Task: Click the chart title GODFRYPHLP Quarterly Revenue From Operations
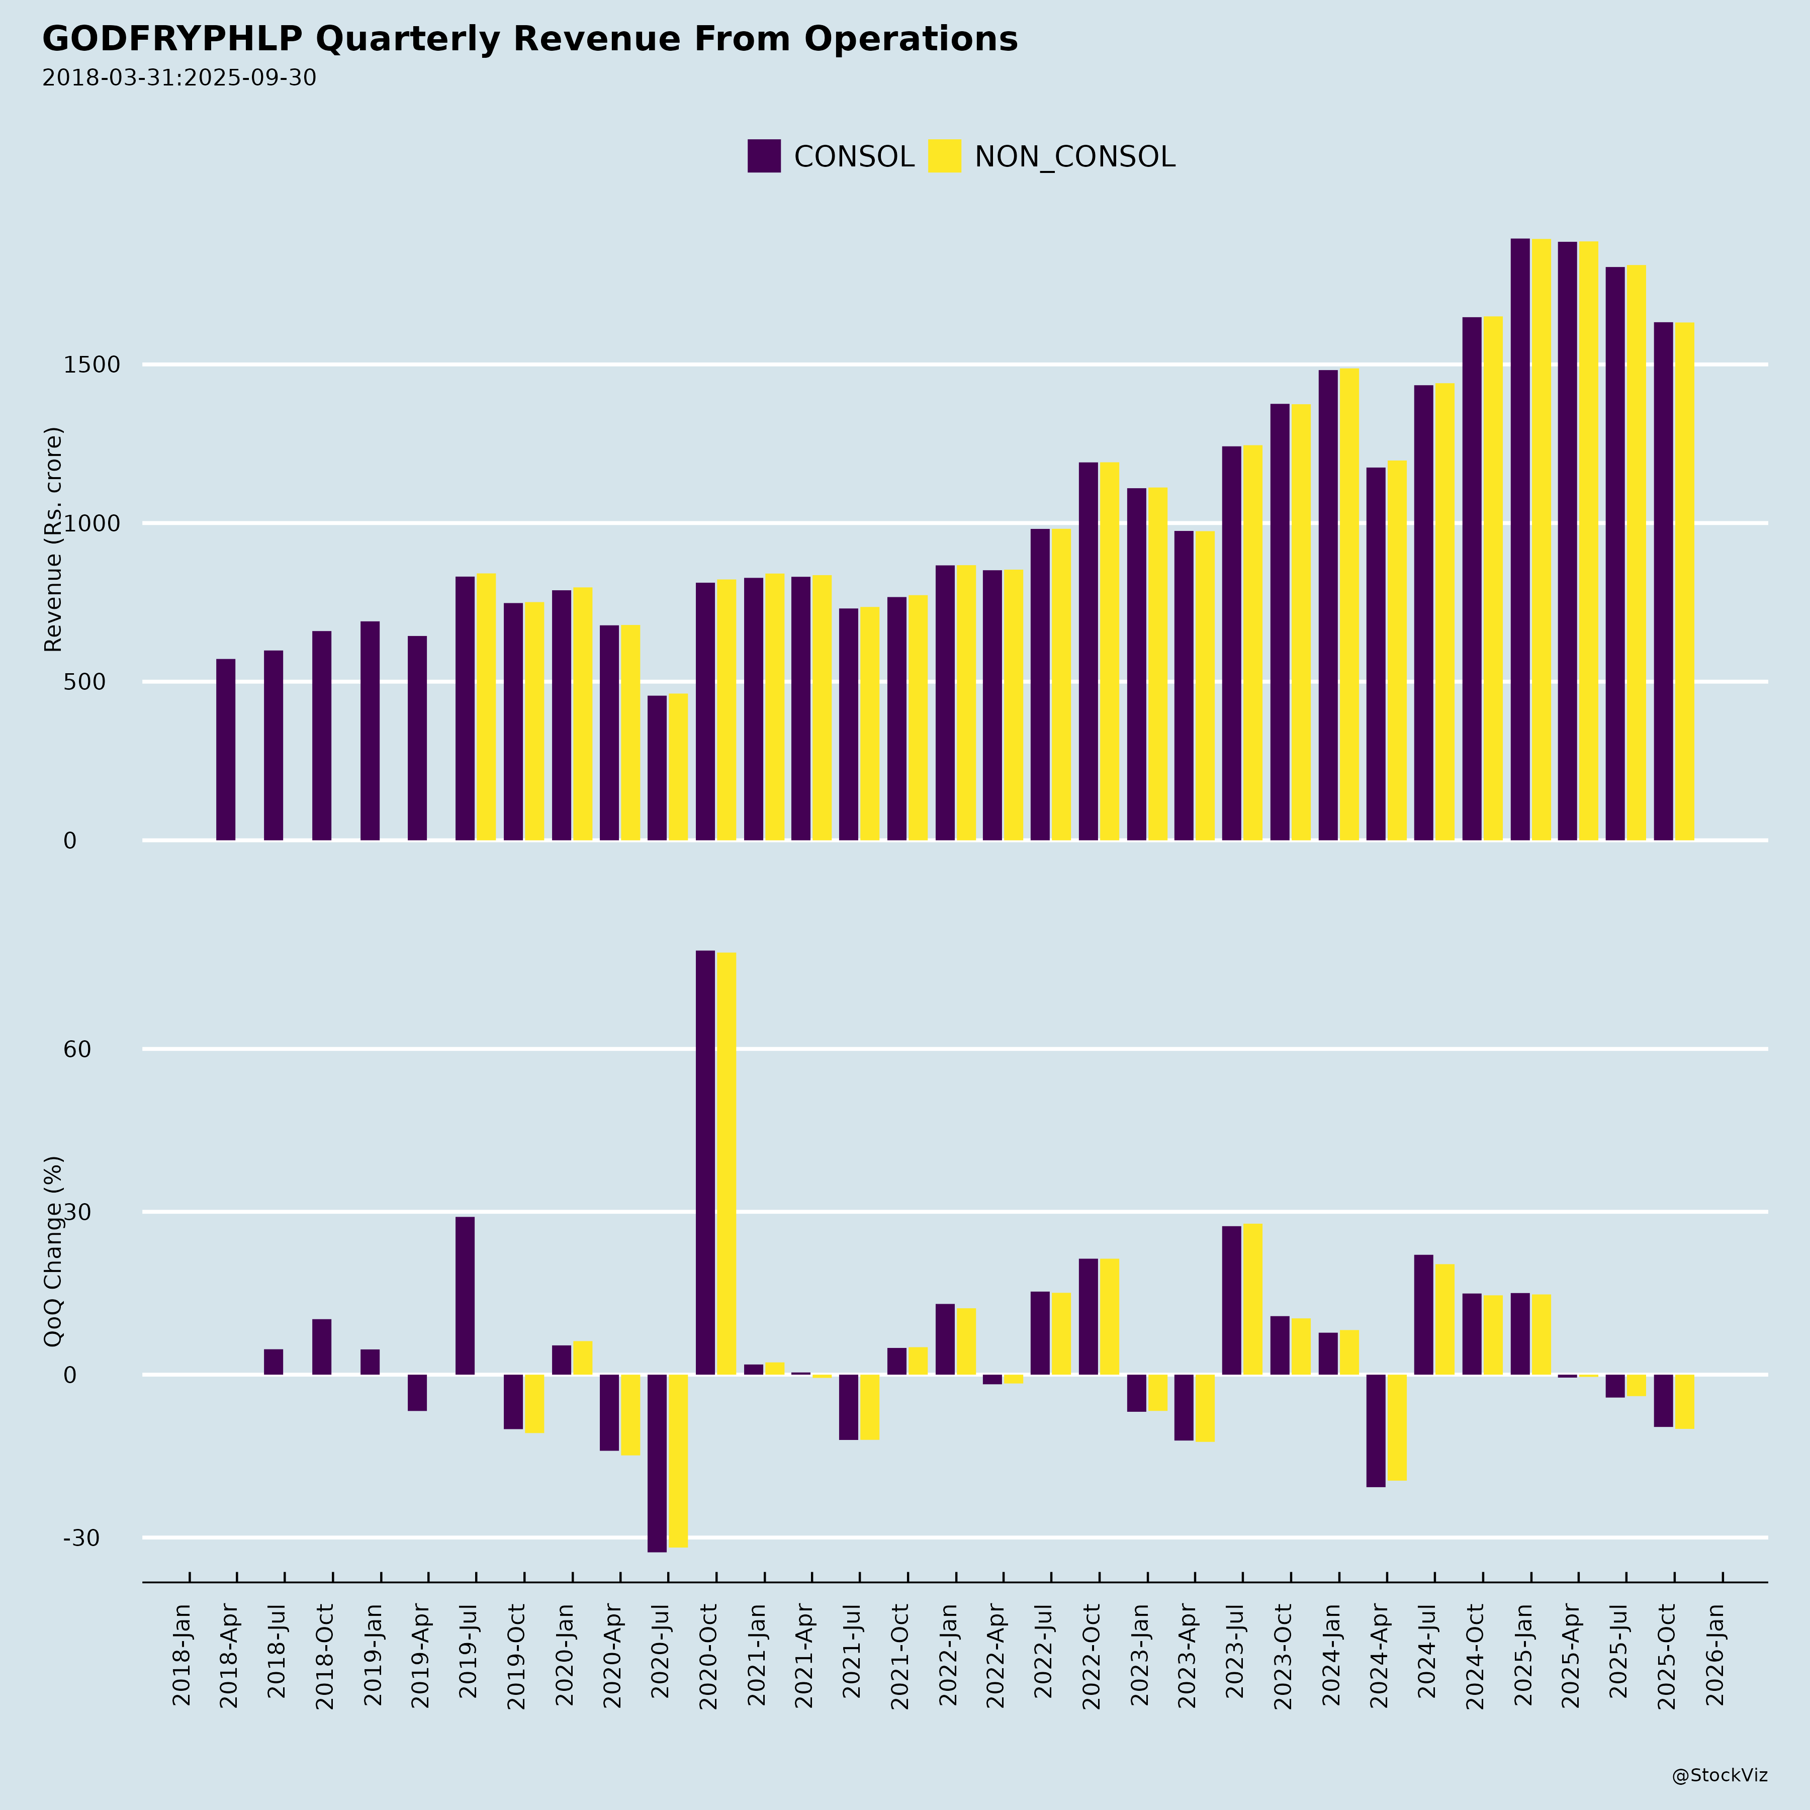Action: coord(529,39)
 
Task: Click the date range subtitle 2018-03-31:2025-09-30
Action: coord(179,78)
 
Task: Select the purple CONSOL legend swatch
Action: coord(764,156)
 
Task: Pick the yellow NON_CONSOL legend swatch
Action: coord(944,156)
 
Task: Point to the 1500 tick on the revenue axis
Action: coord(92,365)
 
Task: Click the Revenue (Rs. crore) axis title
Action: coord(53,539)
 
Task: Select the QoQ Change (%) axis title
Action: coord(53,1251)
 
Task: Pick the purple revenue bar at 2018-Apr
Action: coord(226,750)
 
